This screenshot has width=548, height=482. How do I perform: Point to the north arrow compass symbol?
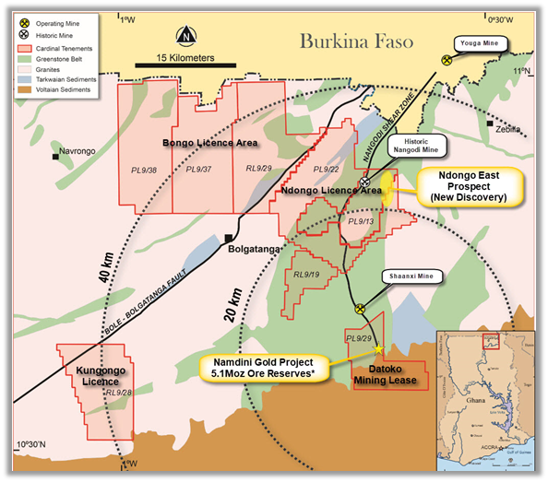(186, 37)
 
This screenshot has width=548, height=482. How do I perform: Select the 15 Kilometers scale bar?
(174, 65)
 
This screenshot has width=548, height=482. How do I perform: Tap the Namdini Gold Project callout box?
(263, 367)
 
